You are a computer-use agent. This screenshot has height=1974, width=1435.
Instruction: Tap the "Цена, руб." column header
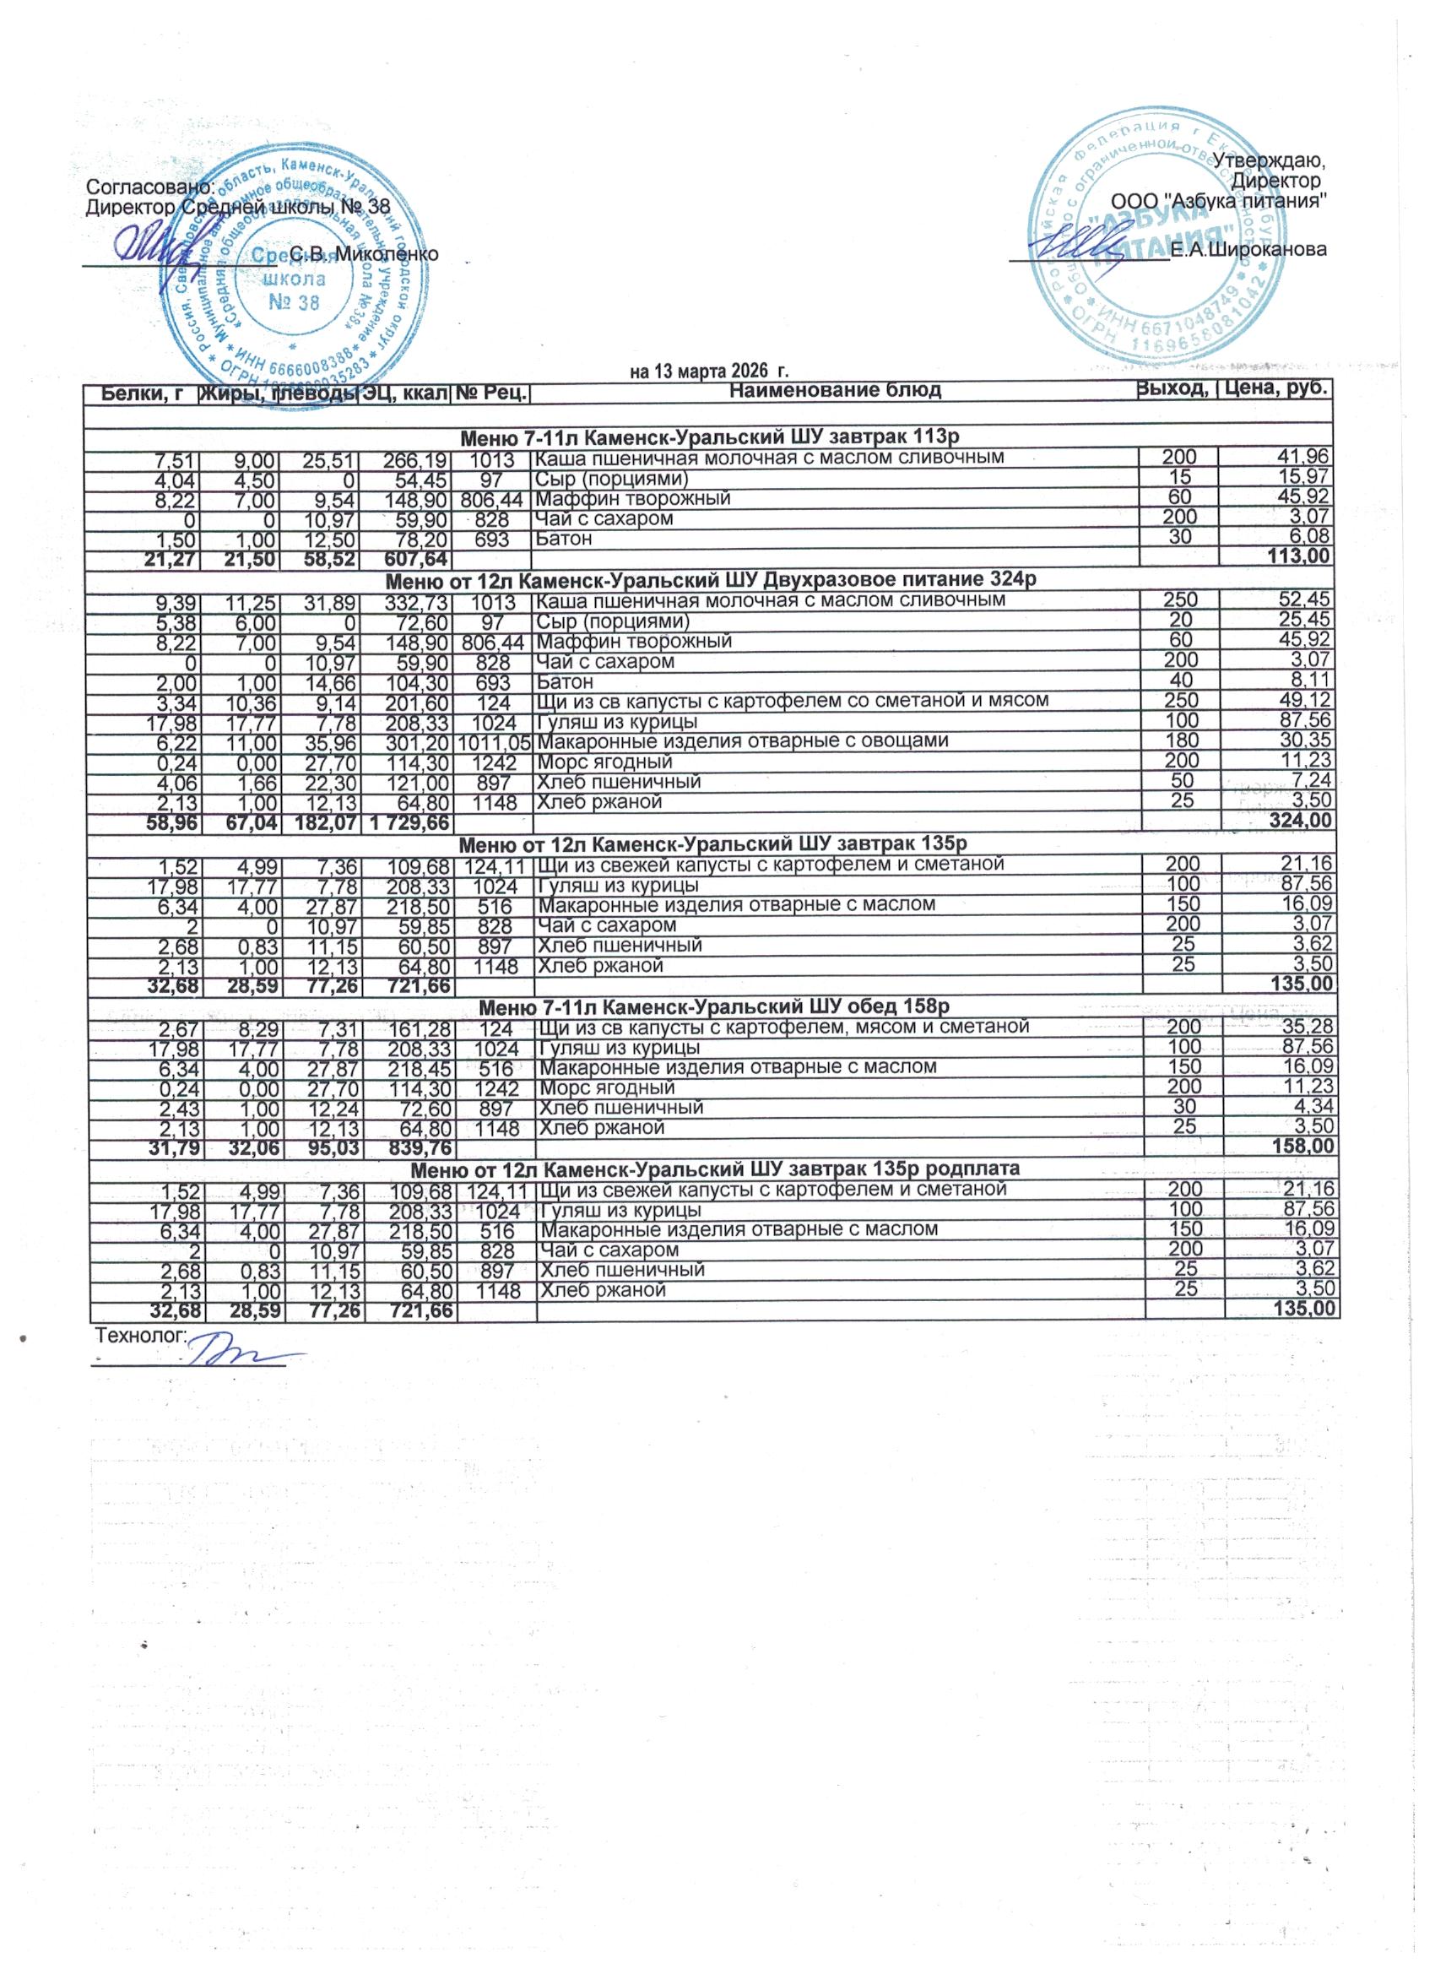(x=1276, y=390)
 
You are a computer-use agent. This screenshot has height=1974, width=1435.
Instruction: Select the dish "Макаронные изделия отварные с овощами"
(x=741, y=740)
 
